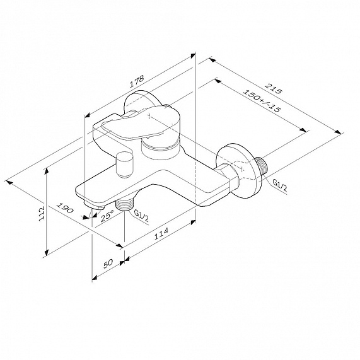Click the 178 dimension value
(136, 81)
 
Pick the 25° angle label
(108, 217)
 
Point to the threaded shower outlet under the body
(125, 203)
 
